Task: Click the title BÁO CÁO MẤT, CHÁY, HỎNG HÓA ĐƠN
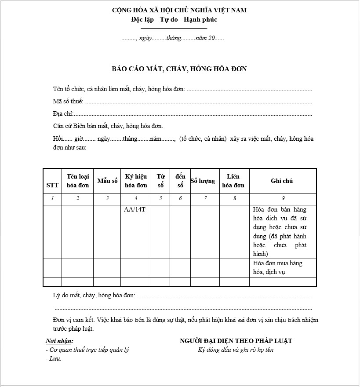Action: click(179, 69)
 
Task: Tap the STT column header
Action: click(52, 185)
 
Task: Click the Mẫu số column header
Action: click(107, 181)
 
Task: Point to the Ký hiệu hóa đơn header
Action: click(136, 181)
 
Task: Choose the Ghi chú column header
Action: click(282, 181)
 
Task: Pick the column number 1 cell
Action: click(52, 198)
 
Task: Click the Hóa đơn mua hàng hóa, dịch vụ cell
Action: click(277, 267)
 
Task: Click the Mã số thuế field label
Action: click(68, 102)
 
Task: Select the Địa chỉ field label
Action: click(63, 114)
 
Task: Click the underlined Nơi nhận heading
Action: click(59, 341)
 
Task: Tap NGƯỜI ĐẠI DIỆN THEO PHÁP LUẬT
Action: click(236, 341)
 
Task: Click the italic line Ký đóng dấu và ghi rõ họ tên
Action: click(236, 350)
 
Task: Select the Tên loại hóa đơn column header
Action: click(78, 181)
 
